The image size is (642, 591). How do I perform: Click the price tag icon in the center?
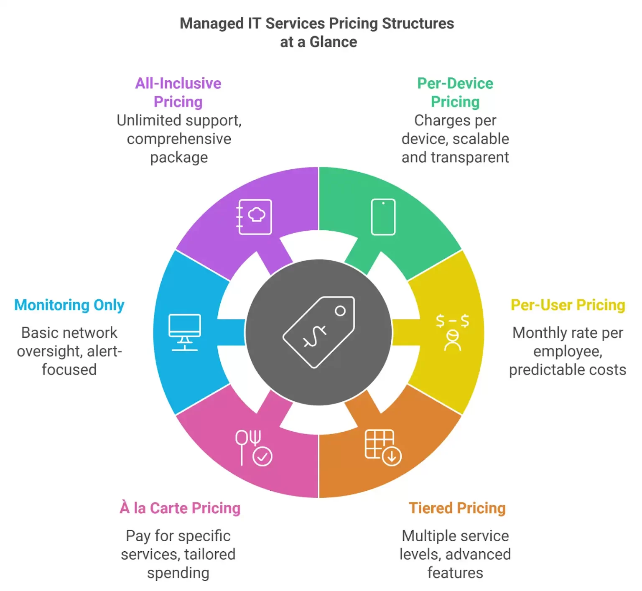pyautogui.click(x=319, y=332)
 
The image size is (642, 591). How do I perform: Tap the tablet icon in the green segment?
pyautogui.click(x=383, y=217)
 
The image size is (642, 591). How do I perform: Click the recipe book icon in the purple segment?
pyautogui.click(x=254, y=217)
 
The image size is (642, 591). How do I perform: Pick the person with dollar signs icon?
pyautogui.click(x=452, y=332)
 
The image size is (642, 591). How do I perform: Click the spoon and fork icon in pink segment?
pyautogui.click(x=253, y=448)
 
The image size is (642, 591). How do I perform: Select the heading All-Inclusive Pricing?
pyautogui.click(x=178, y=92)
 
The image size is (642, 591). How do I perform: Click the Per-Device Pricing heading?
pyautogui.click(x=455, y=92)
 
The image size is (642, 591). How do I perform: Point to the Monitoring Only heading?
pyautogui.click(x=69, y=305)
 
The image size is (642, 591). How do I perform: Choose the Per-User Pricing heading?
pyautogui.click(x=568, y=305)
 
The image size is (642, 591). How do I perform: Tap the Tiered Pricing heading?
pyautogui.click(x=457, y=508)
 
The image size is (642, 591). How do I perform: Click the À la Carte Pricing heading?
pyautogui.click(x=180, y=508)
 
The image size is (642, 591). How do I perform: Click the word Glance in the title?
pyautogui.click(x=333, y=42)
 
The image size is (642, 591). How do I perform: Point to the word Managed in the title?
pyautogui.click(x=211, y=24)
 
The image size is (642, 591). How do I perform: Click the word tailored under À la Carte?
pyautogui.click(x=210, y=555)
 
